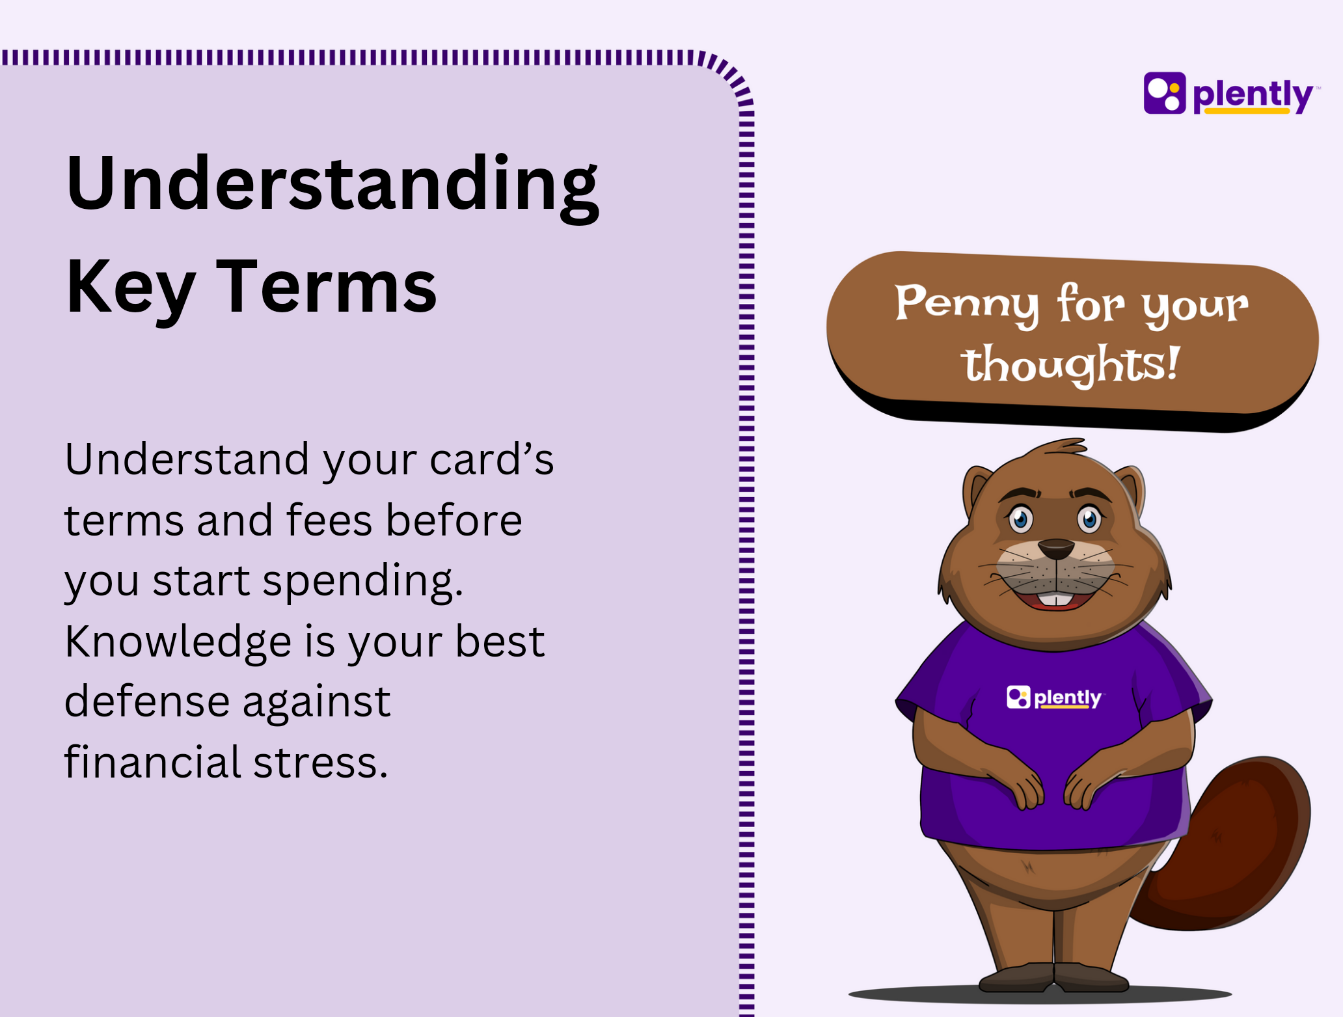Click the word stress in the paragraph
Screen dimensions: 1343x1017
[x=320, y=763]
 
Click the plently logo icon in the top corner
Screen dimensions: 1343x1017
[x=1165, y=93]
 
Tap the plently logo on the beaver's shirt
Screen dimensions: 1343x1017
[x=1054, y=698]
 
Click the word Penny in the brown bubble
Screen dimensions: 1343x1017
[x=967, y=305]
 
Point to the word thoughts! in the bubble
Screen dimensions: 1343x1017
[x=1070, y=364]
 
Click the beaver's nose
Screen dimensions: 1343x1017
[x=1055, y=549]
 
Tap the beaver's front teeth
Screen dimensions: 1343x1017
[x=1055, y=599]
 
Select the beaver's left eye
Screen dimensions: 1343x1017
[x=1089, y=519]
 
